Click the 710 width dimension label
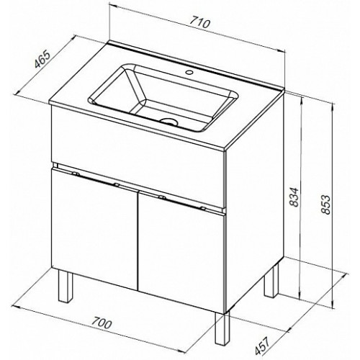click(x=200, y=23)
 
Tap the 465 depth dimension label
click(x=42, y=59)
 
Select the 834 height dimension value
click(x=294, y=197)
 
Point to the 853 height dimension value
click(x=325, y=204)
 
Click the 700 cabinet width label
click(x=102, y=323)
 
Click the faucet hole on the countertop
click(x=190, y=71)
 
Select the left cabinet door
click(x=94, y=228)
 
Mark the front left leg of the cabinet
click(x=66, y=285)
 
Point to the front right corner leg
click(x=222, y=328)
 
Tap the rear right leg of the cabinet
click(x=271, y=280)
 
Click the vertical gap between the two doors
click(x=138, y=240)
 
